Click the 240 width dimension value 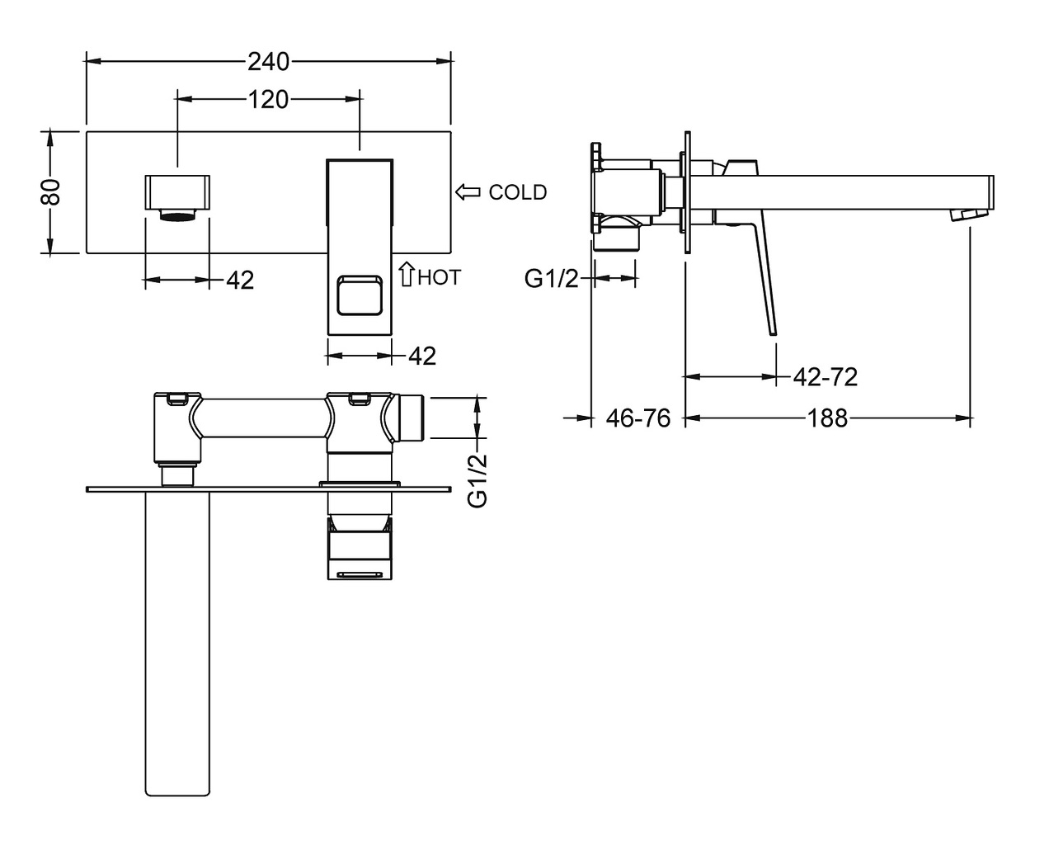[x=268, y=61]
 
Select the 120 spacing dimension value [x=268, y=100]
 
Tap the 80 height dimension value [x=50, y=191]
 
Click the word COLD [x=517, y=192]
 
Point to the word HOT [x=439, y=277]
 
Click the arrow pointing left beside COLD [x=468, y=192]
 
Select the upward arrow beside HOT [x=406, y=274]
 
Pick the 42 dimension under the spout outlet [x=239, y=281]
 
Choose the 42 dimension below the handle [x=421, y=356]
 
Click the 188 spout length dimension [x=828, y=419]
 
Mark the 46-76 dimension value [x=637, y=419]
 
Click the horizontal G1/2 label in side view [x=552, y=280]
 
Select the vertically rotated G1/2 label [x=477, y=480]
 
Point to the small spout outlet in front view [x=177, y=191]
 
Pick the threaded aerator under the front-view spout [x=177, y=217]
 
